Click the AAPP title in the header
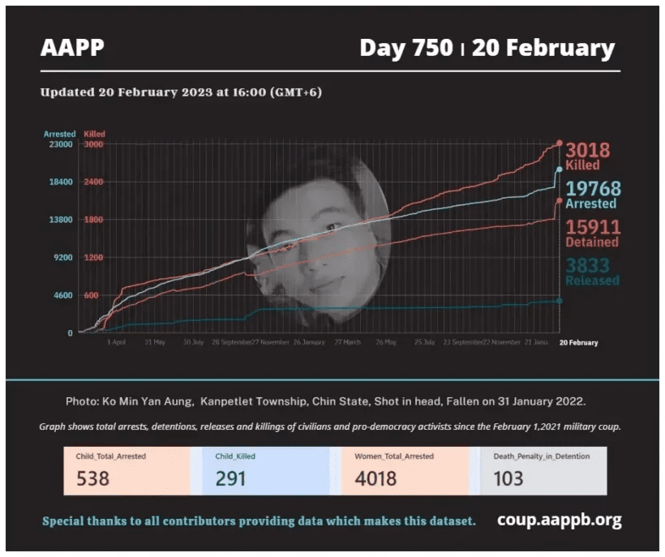pos(72,48)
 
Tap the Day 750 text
pos(405,48)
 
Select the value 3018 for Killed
pos(587,150)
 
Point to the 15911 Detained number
pos(593,227)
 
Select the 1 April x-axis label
pos(116,343)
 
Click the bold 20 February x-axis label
pos(578,343)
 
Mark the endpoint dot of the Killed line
pos(560,144)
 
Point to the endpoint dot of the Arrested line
pos(560,169)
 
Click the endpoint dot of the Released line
pos(560,301)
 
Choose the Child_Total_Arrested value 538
pos(93,478)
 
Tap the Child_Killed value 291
pos(231,478)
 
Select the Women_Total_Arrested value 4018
pos(375,478)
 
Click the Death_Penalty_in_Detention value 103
pos(508,478)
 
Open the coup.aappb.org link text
pos(559,520)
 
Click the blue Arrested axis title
pos(59,134)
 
